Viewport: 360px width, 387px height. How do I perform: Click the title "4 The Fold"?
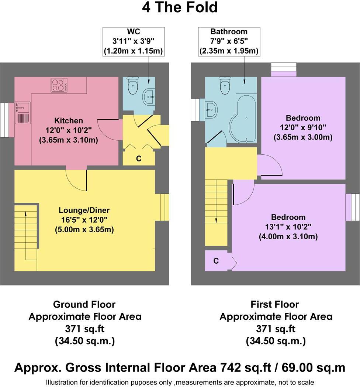point(180,7)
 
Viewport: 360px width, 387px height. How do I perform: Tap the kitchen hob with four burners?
point(59,85)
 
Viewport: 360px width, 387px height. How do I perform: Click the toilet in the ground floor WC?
point(132,86)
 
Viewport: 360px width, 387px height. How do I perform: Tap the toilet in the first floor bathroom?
point(225,86)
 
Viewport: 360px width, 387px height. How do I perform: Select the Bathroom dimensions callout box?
point(229,41)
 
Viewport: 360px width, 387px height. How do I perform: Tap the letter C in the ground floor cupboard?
point(139,159)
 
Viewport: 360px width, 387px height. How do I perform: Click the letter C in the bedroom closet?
point(216,261)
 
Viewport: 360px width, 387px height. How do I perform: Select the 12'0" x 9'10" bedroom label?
point(303,128)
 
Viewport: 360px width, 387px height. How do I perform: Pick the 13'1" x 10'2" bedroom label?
point(288,227)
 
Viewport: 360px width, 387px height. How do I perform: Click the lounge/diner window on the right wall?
point(165,207)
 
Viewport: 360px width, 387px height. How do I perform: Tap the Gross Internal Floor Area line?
point(180,368)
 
